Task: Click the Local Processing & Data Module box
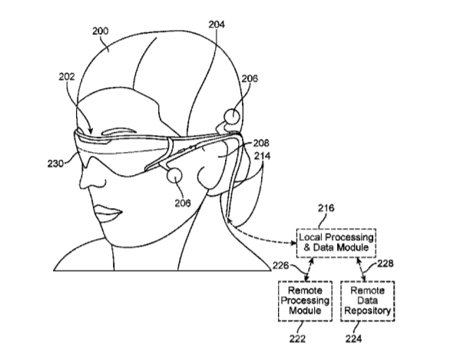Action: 336,243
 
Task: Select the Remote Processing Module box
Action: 305,301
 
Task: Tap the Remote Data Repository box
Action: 367,301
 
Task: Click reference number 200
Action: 101,31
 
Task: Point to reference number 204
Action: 217,25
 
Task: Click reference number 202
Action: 67,77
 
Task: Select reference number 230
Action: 56,163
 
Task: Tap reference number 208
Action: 261,143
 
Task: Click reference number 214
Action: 263,156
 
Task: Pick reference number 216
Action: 326,208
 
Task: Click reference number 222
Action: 298,339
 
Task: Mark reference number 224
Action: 353,339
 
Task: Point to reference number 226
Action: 280,266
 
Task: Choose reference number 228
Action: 385,263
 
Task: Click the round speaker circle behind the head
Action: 231,116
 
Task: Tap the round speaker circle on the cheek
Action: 174,175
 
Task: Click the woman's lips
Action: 108,213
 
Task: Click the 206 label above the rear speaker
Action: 250,78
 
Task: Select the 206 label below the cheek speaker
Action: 183,203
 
